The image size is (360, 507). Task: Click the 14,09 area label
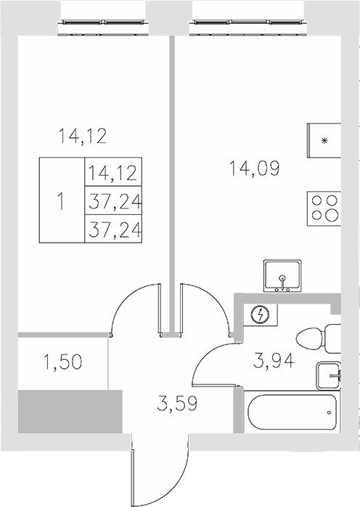pos(253,169)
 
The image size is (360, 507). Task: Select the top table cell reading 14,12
pos(112,174)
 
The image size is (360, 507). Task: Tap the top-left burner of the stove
pos(317,201)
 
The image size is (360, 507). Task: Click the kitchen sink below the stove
pos(282,276)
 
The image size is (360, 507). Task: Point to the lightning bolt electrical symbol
pos(261,315)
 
